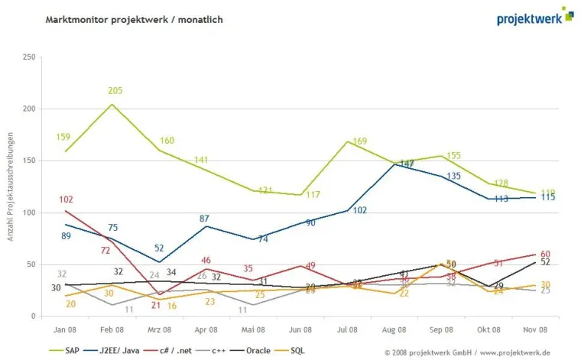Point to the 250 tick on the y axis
tap(30, 57)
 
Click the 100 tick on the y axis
tap(30, 212)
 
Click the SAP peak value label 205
tap(115, 91)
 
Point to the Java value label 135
tap(453, 176)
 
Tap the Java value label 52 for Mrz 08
tap(159, 248)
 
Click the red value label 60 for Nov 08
tap(545, 255)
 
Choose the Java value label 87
tap(204, 219)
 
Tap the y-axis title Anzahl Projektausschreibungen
tap(11, 186)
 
